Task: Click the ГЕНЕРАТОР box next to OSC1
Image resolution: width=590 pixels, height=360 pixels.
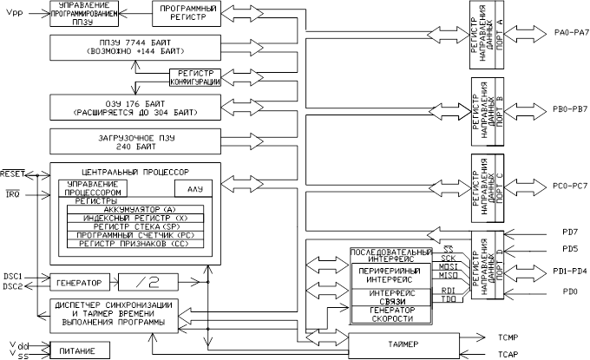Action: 79,282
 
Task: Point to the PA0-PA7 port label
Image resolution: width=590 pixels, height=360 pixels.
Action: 570,32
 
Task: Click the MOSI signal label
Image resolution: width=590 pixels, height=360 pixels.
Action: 449,267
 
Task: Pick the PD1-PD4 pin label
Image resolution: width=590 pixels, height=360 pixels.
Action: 568,271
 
